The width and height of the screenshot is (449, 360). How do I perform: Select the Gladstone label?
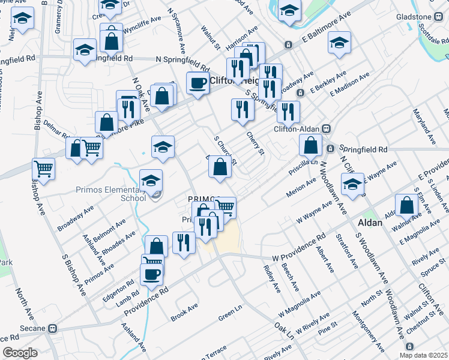point(414,16)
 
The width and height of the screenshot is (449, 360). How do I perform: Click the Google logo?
point(20,353)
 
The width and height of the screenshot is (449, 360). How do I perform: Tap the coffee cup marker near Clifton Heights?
point(197,83)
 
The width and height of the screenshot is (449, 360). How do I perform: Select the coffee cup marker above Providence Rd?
point(151,274)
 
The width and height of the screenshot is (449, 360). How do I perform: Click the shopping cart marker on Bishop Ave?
point(43,169)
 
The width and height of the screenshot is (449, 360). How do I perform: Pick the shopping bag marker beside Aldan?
point(407,205)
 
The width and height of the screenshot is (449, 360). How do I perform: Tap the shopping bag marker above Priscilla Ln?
point(310,145)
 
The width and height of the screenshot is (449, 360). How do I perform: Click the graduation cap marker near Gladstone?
point(339,43)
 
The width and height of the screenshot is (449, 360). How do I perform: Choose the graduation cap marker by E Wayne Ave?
point(352,183)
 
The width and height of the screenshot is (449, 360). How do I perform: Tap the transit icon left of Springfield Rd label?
point(330,149)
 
